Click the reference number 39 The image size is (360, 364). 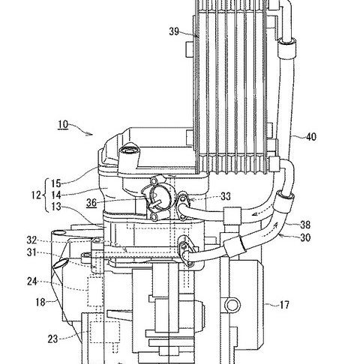point(174,31)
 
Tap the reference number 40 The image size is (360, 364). point(311,137)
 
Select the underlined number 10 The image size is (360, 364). point(63,124)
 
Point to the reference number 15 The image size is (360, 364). point(56,183)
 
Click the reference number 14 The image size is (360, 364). point(56,195)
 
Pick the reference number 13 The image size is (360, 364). point(56,206)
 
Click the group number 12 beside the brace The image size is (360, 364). point(36,195)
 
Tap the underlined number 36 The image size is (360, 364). point(91,202)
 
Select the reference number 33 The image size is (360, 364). point(226,196)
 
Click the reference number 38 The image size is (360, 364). point(305,225)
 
